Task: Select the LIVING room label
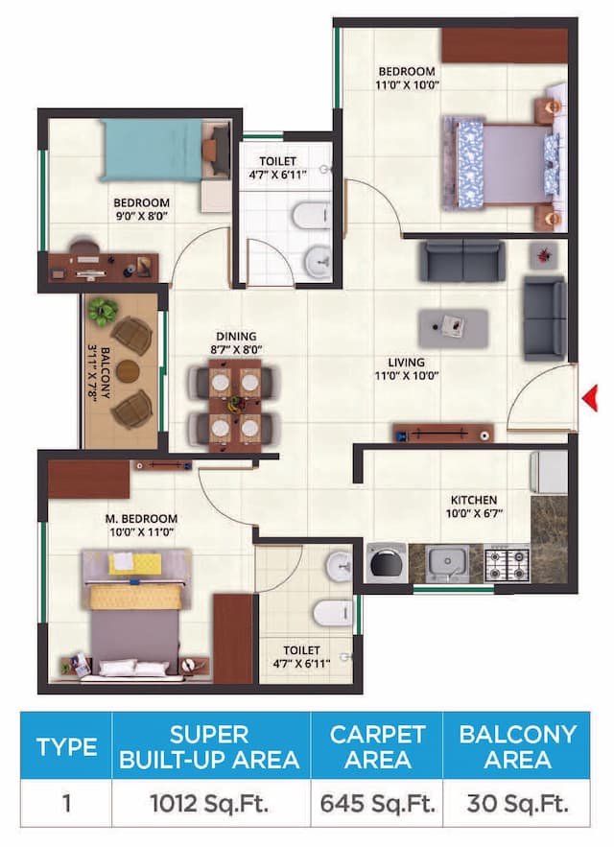(x=407, y=363)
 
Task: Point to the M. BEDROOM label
(x=141, y=519)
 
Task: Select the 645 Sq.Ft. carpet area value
(x=377, y=802)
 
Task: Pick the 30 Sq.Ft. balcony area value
(x=517, y=802)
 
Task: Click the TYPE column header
(x=66, y=747)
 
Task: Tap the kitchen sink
(x=447, y=564)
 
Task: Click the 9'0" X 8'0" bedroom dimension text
(x=141, y=217)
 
